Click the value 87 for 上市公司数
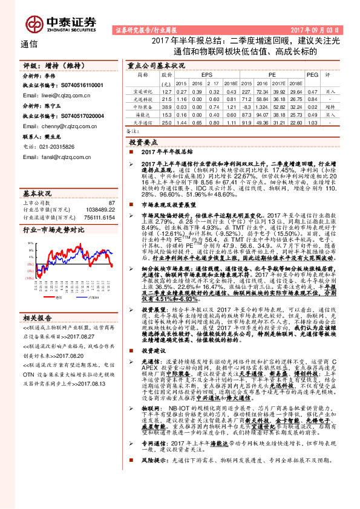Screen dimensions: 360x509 [x=111, y=203]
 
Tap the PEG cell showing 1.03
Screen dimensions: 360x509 [x=312, y=122]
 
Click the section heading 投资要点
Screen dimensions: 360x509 [x=145, y=140]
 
